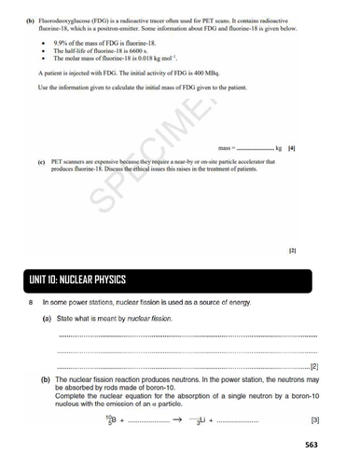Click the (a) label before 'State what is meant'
click(47, 319)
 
